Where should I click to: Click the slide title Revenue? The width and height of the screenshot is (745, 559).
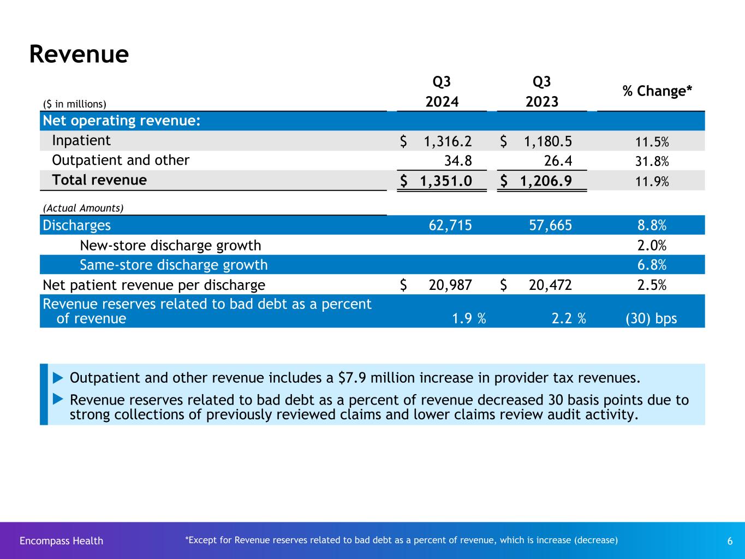tap(79, 54)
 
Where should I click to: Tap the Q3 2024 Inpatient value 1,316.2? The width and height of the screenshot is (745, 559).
tap(448, 141)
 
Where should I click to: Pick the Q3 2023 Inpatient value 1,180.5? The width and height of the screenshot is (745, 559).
tap(548, 141)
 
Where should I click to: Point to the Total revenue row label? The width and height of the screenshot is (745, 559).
tap(99, 180)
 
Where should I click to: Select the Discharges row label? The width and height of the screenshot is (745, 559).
tap(77, 225)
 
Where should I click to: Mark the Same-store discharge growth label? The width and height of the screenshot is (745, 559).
tap(174, 265)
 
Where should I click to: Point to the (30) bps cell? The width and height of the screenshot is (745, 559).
tap(651, 319)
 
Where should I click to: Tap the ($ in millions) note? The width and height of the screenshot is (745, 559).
tap(75, 104)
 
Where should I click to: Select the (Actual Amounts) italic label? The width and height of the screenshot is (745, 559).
tap(84, 208)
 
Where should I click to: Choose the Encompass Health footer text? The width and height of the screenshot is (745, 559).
tap(61, 541)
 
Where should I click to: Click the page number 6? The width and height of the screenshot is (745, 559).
tap(730, 541)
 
